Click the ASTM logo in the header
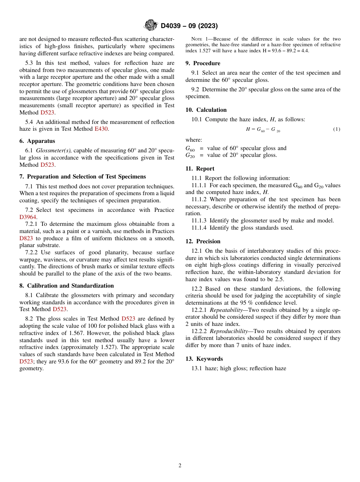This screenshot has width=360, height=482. point(151,25)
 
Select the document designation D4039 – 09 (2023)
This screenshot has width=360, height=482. point(189,26)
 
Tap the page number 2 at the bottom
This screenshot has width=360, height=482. point(180,466)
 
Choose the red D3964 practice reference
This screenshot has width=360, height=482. point(28,217)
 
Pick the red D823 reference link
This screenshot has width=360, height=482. point(26,238)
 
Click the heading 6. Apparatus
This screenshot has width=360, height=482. point(37,141)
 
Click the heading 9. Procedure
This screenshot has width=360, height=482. point(203,63)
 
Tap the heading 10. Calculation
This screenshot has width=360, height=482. point(206,110)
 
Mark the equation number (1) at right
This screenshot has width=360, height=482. point(337,129)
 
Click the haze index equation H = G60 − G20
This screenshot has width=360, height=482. point(263,130)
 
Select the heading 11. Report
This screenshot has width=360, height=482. point(200,169)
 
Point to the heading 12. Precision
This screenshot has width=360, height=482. point(203,241)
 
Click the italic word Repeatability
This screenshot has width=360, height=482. point(226,310)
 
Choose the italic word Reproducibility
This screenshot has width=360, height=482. point(229,331)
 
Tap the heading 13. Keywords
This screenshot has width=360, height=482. point(204,359)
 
